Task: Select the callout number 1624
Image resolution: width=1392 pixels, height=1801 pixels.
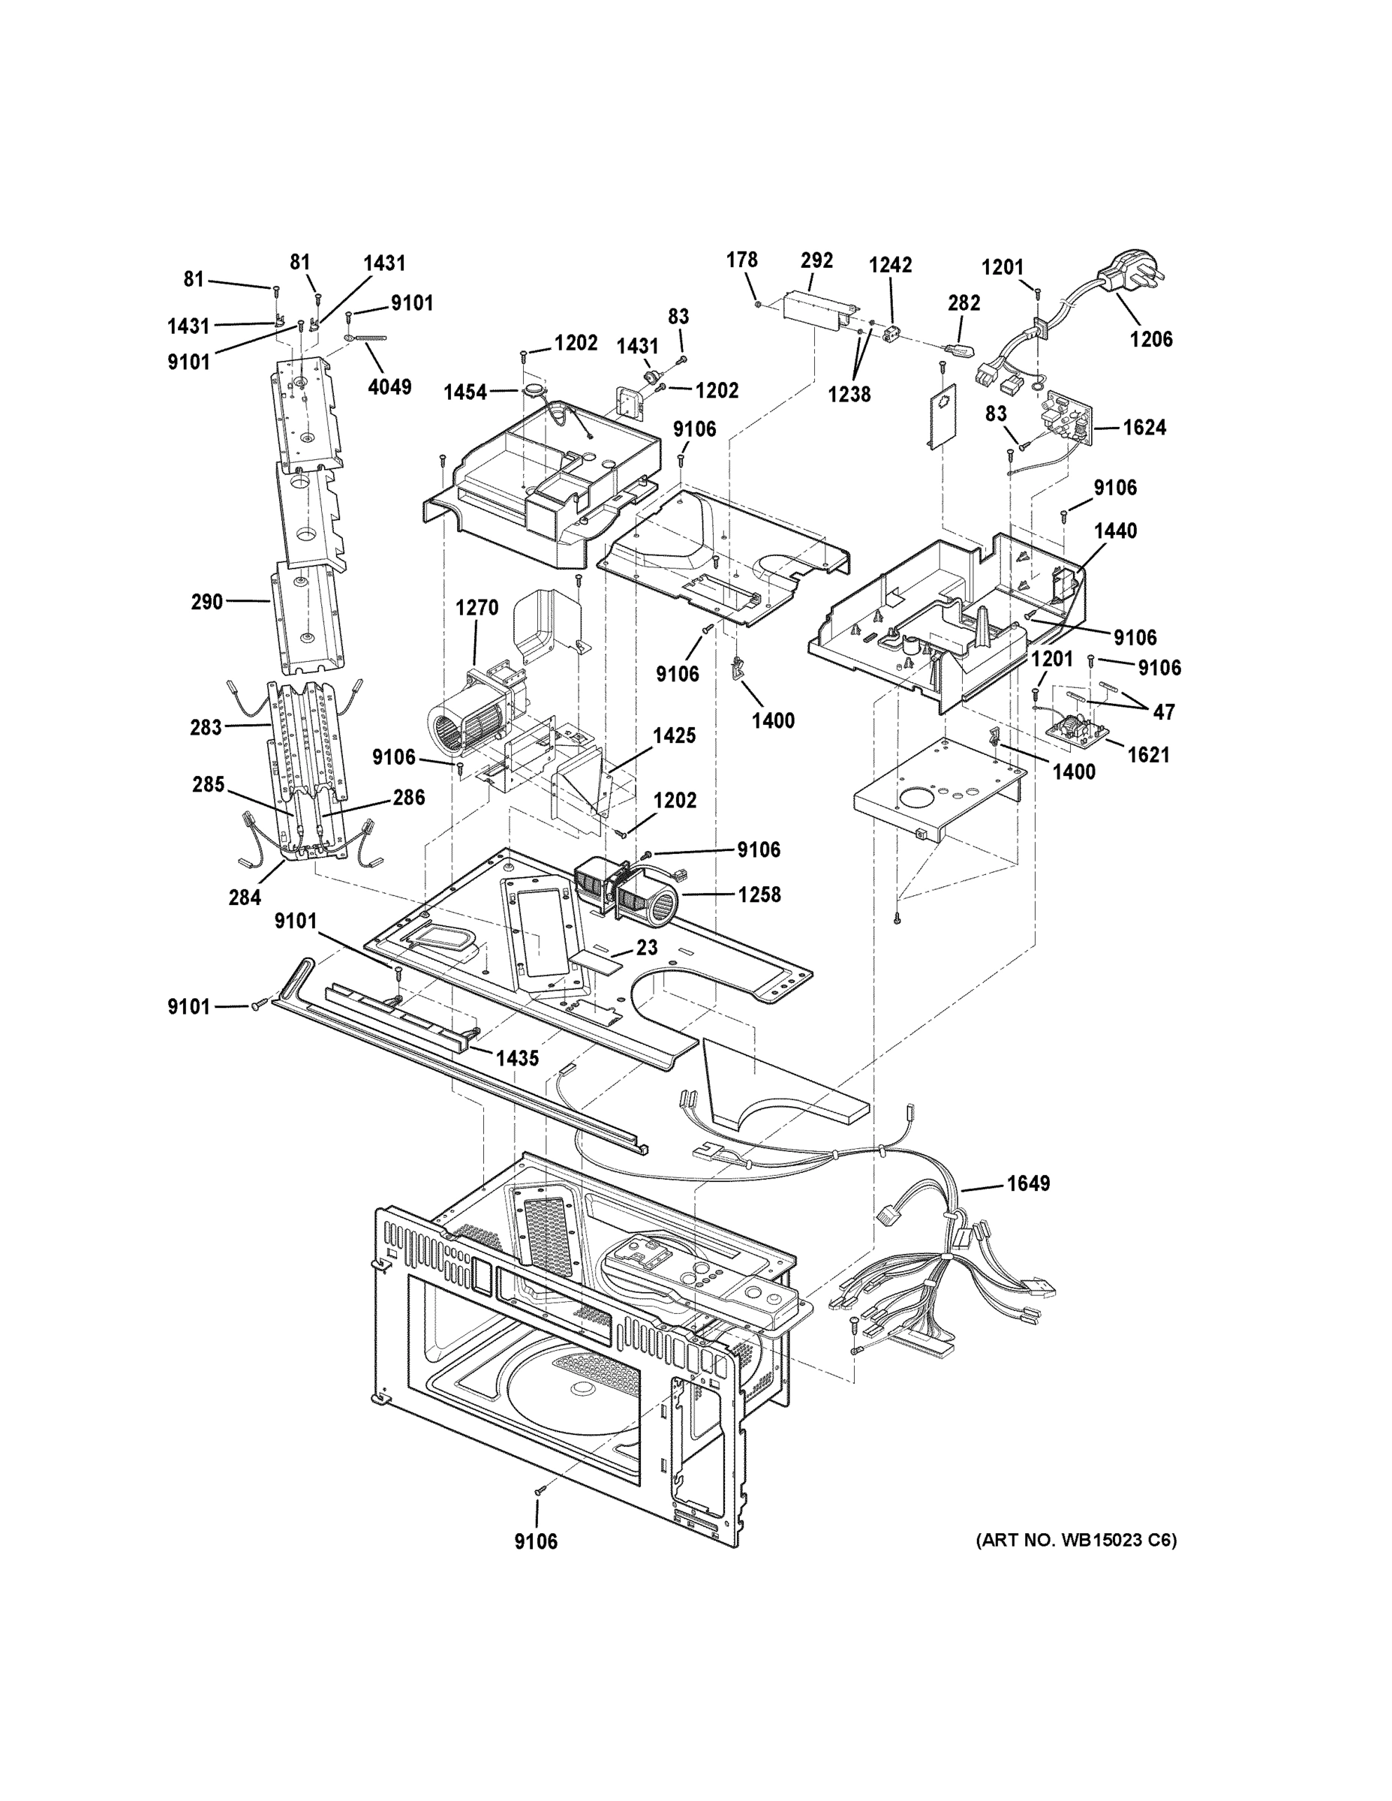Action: pos(1144,427)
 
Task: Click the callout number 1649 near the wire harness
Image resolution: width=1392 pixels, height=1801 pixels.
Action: pos(1027,1183)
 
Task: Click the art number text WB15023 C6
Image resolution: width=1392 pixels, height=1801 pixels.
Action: pos(1076,1540)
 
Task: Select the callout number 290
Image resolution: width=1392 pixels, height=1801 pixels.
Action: pos(207,602)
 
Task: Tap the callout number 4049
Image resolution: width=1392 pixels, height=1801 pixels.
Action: pos(389,386)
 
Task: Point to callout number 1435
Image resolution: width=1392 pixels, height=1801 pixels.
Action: pos(517,1058)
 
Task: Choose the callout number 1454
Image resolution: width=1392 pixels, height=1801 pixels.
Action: pos(465,392)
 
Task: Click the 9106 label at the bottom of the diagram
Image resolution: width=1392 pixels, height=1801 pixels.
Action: pos(536,1541)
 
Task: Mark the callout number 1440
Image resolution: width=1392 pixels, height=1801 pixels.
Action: pos(1115,531)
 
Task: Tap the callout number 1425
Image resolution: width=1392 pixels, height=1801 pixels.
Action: pos(674,735)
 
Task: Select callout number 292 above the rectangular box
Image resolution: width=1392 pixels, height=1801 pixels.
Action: pos(816,260)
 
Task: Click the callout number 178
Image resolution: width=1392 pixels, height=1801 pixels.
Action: pos(741,260)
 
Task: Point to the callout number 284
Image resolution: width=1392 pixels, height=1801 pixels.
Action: pos(245,897)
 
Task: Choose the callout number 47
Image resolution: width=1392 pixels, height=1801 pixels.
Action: pos(1164,711)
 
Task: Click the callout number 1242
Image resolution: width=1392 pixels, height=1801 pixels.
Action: pos(890,265)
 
